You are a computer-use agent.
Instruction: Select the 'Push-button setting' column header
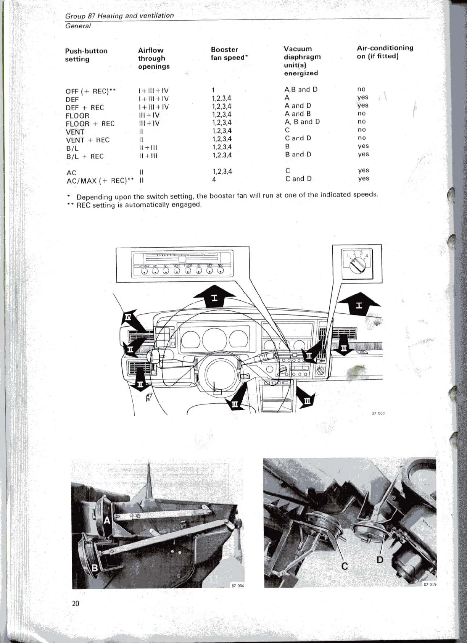point(86,55)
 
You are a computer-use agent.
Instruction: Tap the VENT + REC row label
point(87,140)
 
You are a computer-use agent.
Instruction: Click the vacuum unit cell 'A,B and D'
point(301,89)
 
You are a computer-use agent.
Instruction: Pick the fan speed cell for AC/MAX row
point(214,179)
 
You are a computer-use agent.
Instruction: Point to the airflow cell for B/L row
point(148,148)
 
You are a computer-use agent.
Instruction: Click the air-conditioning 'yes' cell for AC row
point(363,170)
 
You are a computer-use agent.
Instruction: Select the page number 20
point(76,603)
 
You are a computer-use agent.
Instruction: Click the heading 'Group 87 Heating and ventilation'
point(119,16)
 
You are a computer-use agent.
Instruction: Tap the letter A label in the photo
point(107,520)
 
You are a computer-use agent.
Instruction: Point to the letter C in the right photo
point(345,566)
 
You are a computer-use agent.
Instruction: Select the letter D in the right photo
point(380,560)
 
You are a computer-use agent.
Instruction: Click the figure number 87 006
point(237,586)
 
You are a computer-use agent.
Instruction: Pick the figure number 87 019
point(429,584)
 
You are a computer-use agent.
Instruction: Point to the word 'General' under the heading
point(78,26)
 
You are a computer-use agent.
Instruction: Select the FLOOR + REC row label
point(90,124)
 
